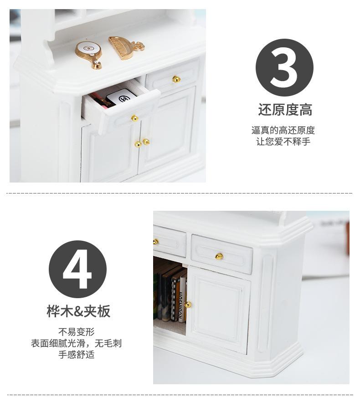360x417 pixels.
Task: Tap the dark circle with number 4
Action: (x=77, y=269)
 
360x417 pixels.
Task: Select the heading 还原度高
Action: (x=285, y=110)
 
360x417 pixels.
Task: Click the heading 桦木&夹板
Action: (x=78, y=311)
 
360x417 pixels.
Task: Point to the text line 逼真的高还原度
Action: (x=283, y=131)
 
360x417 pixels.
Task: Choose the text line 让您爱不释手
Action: (x=283, y=142)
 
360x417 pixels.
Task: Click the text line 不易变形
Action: (x=77, y=332)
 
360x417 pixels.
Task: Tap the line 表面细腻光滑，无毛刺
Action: (x=77, y=343)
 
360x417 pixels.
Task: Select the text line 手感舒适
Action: (x=77, y=355)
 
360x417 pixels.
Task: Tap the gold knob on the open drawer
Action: (x=134, y=118)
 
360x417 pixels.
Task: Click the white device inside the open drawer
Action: (x=122, y=98)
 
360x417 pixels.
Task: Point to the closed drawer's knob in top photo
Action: (x=176, y=79)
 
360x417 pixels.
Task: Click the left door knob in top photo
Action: (x=138, y=144)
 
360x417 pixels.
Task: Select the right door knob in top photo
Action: (x=146, y=142)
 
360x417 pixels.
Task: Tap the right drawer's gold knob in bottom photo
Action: (x=219, y=256)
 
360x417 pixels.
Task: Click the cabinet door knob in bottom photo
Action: (x=188, y=304)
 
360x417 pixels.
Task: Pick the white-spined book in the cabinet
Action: (x=182, y=298)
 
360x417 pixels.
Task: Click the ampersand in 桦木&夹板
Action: (x=78, y=312)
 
